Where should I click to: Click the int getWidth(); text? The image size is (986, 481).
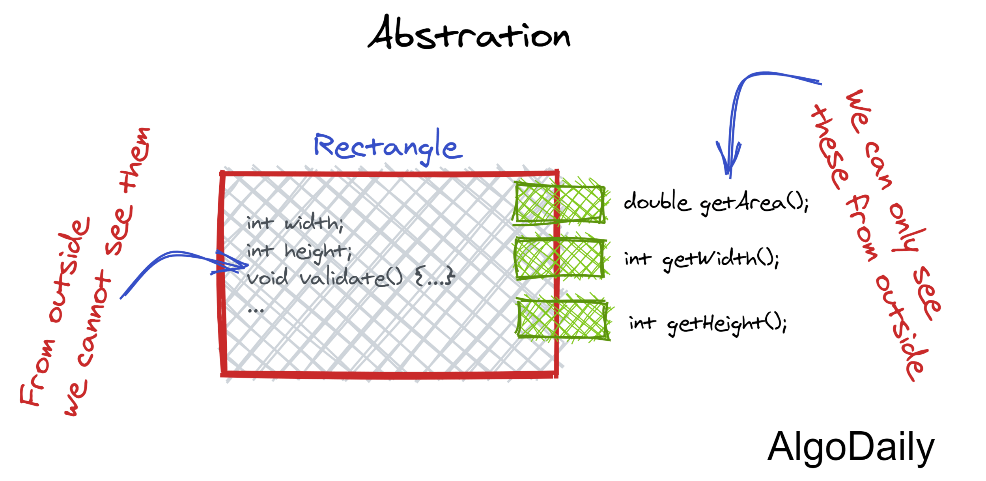pos(701,259)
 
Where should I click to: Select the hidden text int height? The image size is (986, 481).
pos(299,251)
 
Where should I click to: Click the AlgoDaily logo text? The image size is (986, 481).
pos(850,447)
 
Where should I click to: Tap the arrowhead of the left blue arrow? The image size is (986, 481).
pos(233,266)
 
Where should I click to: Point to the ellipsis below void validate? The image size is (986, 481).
pos(255,310)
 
